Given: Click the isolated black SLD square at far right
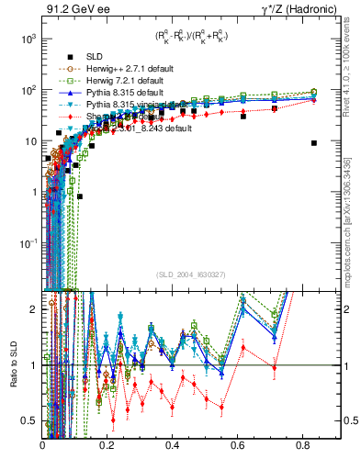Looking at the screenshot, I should pos(314,143).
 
